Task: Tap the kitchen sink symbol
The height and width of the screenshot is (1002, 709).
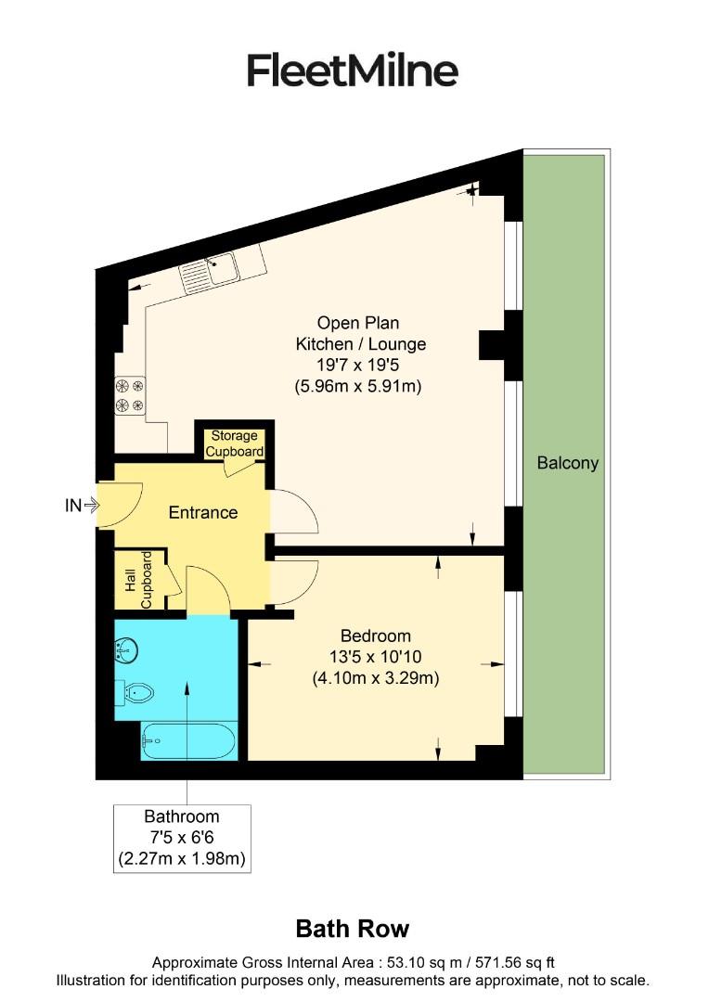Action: point(210,271)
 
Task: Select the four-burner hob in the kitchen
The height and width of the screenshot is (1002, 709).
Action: point(130,395)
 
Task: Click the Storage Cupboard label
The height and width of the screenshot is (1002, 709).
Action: point(235,443)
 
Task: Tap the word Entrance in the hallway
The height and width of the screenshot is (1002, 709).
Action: point(202,512)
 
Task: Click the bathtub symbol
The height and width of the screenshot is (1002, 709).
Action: point(188,741)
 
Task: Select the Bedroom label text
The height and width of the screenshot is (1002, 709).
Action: point(375,636)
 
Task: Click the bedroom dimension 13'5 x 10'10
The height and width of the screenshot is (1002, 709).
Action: point(375,657)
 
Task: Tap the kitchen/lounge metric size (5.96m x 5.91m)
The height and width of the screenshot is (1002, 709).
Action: point(357,386)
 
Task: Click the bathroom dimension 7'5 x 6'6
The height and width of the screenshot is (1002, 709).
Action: point(182,838)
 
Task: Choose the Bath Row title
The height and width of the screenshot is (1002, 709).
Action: point(352,929)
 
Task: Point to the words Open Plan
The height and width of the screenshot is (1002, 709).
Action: point(358,323)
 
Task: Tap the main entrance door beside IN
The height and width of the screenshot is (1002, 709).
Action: point(119,506)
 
